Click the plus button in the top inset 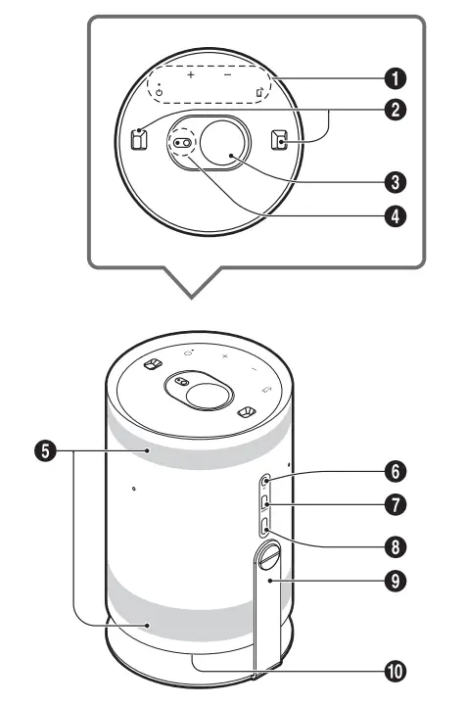pyautogui.click(x=191, y=74)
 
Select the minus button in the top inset pyautogui.click(x=226, y=74)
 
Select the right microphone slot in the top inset pyautogui.click(x=281, y=140)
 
